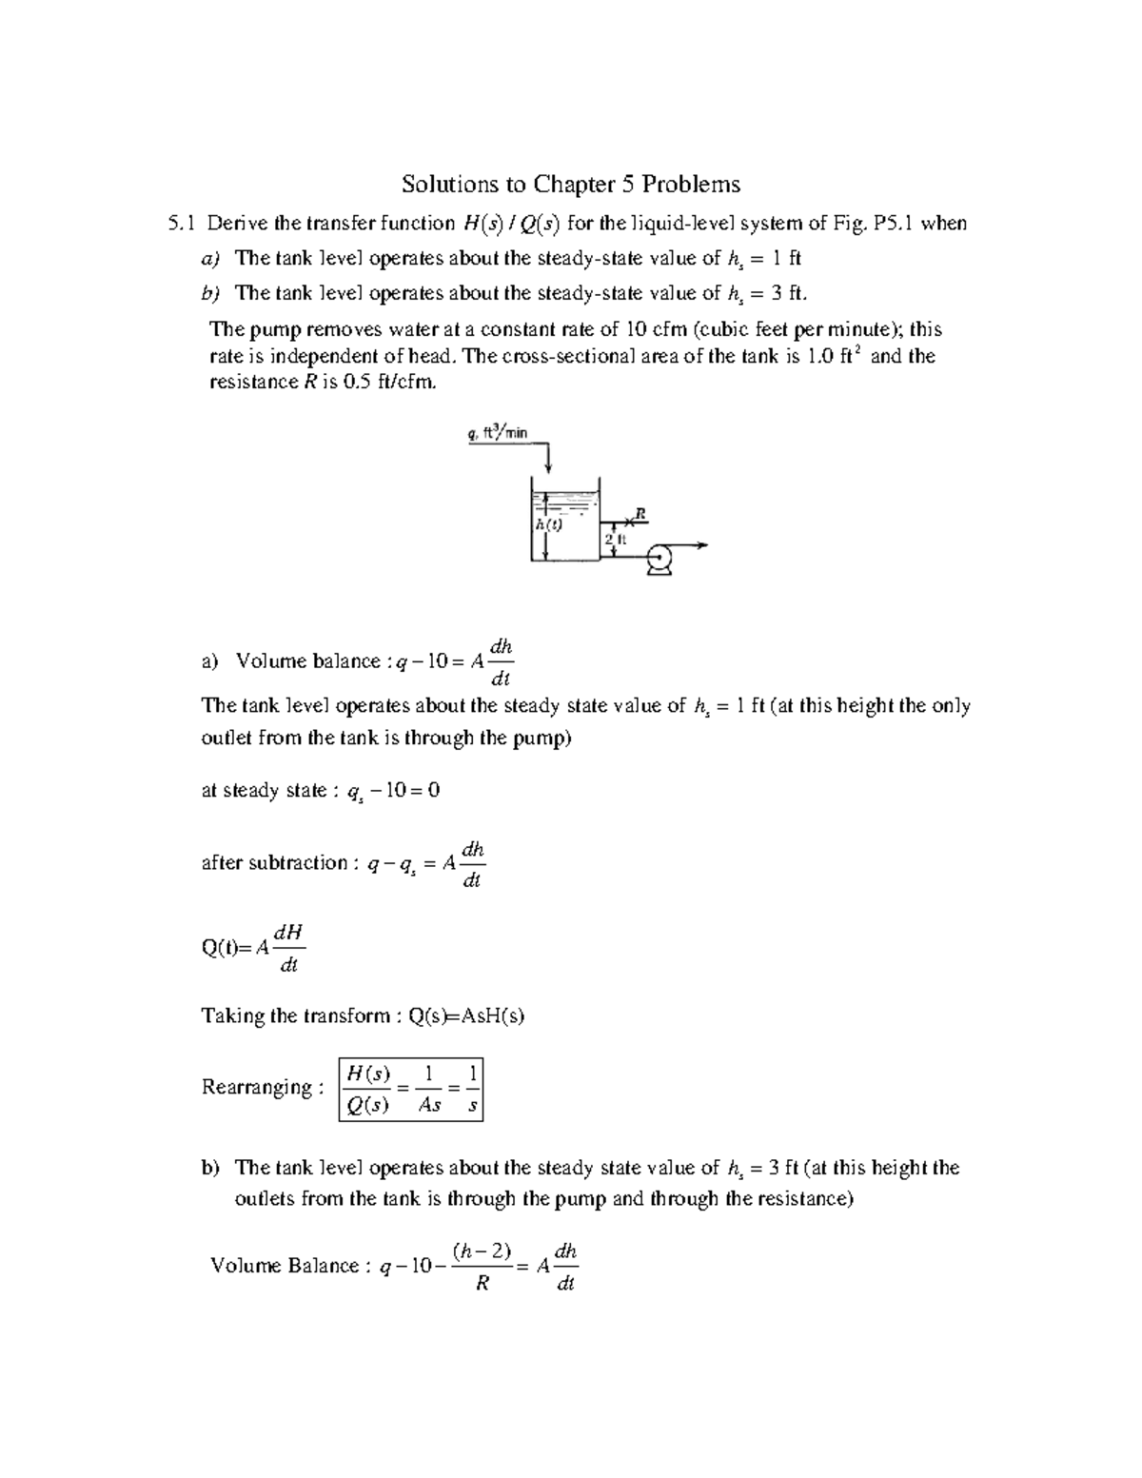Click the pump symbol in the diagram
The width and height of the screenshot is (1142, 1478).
click(x=660, y=560)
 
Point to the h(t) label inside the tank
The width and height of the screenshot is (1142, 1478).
click(x=547, y=524)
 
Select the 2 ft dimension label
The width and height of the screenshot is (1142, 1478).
click(x=614, y=540)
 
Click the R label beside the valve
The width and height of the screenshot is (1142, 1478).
click(x=640, y=513)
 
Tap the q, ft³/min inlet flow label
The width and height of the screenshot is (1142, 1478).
click(x=497, y=432)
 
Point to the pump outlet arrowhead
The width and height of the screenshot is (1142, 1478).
click(x=703, y=545)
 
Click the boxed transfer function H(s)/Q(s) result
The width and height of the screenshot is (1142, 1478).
click(x=410, y=1089)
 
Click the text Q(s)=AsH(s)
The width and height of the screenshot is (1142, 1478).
click(x=466, y=1015)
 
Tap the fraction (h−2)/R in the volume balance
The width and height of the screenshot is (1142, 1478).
click(x=482, y=1266)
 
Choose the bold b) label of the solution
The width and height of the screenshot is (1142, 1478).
click(x=210, y=1168)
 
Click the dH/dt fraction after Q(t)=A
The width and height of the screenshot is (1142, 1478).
click(x=288, y=948)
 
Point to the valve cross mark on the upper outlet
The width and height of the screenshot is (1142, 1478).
click(x=628, y=522)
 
